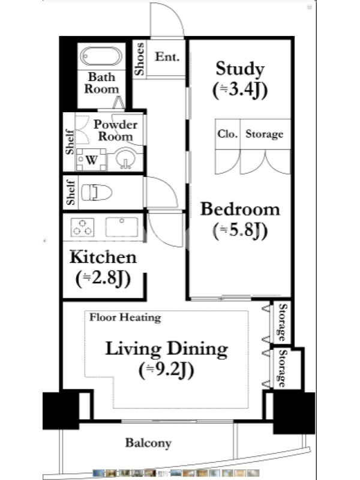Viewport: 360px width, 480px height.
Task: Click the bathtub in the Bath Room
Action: click(101, 56)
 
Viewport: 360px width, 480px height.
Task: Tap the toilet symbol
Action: click(97, 193)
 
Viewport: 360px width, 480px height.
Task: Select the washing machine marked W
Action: click(91, 159)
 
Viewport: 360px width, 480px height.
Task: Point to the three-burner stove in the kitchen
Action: click(82, 227)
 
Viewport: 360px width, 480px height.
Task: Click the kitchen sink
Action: click(122, 227)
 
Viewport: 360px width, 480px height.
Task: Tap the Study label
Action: click(240, 68)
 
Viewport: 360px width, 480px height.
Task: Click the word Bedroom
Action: click(240, 209)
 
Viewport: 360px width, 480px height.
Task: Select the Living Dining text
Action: click(167, 349)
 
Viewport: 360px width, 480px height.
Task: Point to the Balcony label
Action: click(148, 443)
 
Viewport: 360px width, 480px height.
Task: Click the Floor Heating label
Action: click(125, 317)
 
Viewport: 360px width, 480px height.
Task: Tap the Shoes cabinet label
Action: click(139, 59)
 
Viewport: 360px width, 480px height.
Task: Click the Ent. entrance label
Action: click(167, 56)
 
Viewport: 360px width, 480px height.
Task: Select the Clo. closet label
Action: click(227, 133)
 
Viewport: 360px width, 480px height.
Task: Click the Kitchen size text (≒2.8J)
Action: click(103, 278)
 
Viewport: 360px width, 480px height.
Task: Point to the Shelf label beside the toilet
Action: click(70, 193)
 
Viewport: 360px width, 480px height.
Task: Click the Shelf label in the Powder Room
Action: click(70, 142)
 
